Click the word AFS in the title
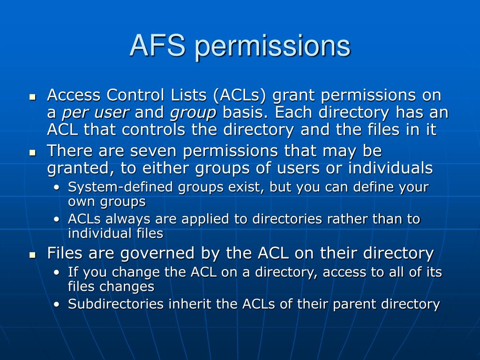(x=157, y=45)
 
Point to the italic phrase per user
(x=95, y=113)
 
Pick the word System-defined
(x=120, y=187)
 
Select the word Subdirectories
(x=116, y=304)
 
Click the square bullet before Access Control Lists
(x=32, y=97)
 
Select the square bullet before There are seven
(x=32, y=153)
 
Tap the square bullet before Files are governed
(x=32, y=255)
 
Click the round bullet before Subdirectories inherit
(x=56, y=305)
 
